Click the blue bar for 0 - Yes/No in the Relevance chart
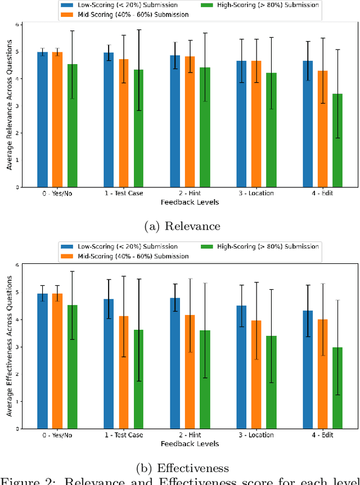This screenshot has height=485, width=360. coord(42,119)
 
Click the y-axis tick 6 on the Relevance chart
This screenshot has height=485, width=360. coord(17,25)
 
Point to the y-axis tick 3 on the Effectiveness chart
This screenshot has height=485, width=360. coord(17,347)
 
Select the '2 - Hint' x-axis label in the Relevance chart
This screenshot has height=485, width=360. coord(190,193)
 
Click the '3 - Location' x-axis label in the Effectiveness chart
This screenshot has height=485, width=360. coord(256,435)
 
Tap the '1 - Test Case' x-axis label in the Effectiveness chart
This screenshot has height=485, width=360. coord(124,435)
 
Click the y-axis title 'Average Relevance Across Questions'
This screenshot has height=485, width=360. coord(8,106)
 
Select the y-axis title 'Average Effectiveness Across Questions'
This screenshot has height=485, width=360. coord(8,347)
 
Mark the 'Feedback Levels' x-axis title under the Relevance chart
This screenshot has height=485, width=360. coord(190,201)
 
